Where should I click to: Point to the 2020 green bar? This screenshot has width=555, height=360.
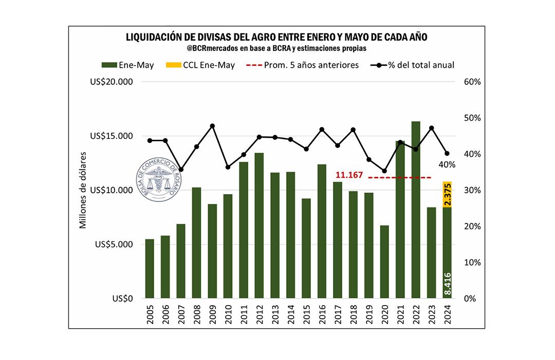(384, 262)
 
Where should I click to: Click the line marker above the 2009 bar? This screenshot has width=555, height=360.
(212, 126)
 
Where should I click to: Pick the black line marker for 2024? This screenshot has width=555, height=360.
(447, 154)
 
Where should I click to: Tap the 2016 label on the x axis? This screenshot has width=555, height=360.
(322, 313)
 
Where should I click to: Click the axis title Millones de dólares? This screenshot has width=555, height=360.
(84, 190)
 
